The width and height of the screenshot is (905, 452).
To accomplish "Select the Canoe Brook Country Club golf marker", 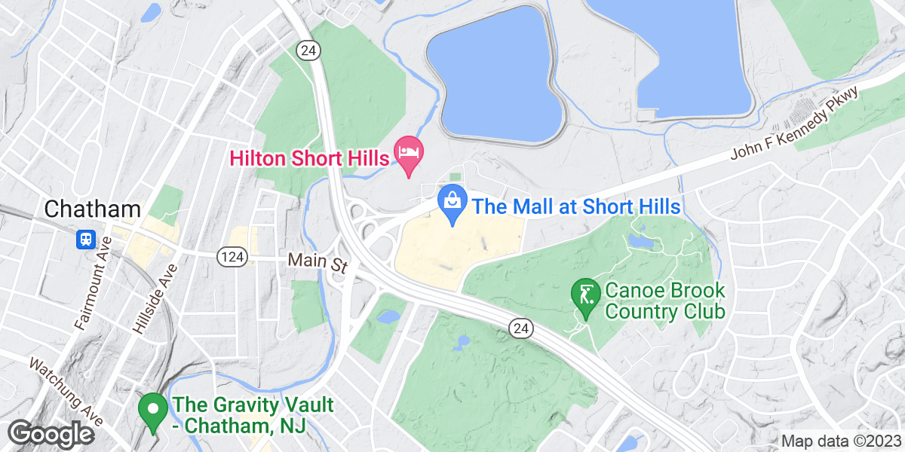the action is point(585,295).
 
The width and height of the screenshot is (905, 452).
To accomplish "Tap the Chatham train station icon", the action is point(85,240).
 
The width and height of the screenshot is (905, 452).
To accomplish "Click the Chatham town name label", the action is point(94,209).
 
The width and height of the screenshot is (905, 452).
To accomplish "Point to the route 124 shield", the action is point(229,258).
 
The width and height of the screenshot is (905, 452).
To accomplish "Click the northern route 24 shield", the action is point(309,50).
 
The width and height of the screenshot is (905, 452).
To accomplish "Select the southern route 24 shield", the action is point(520,328).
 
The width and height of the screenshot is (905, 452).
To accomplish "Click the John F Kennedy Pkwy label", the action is point(795,124).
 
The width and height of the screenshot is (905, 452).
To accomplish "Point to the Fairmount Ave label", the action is point(93,283).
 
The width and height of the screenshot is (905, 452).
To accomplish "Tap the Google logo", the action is point(51,434).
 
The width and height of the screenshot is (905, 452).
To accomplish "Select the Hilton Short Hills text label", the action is point(309,157).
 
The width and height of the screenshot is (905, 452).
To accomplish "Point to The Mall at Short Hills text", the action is point(576,206).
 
